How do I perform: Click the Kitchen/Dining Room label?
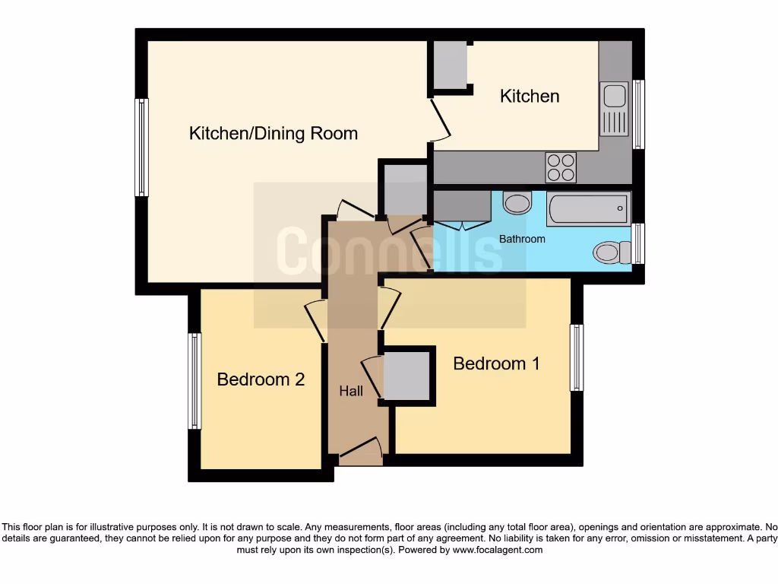tap(273, 134)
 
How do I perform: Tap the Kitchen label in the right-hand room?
tap(530, 96)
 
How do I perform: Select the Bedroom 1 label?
tap(496, 363)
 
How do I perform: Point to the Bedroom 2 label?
tap(261, 379)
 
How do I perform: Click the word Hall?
tap(351, 392)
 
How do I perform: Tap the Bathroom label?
tap(522, 239)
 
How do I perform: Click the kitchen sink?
tap(613, 109)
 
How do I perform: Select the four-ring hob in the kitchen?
tap(561, 167)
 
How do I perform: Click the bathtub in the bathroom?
tap(589, 208)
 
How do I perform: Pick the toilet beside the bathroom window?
tap(612, 252)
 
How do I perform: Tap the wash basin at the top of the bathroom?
tap(518, 203)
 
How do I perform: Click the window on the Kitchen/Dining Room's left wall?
tap(141, 148)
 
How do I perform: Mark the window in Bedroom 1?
tap(577, 357)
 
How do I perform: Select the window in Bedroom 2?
tap(195, 380)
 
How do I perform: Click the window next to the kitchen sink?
tap(639, 114)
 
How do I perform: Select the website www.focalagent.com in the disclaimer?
tap(498, 550)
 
